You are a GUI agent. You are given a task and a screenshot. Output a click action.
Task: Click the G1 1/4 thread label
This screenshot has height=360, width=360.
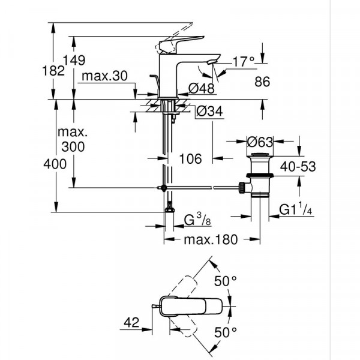297,210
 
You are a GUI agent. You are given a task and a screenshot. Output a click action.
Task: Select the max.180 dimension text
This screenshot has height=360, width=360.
210,239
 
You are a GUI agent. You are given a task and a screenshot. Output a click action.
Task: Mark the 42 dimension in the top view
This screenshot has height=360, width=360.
132,323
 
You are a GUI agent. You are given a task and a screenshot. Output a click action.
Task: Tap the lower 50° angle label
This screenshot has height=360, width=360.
227,331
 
